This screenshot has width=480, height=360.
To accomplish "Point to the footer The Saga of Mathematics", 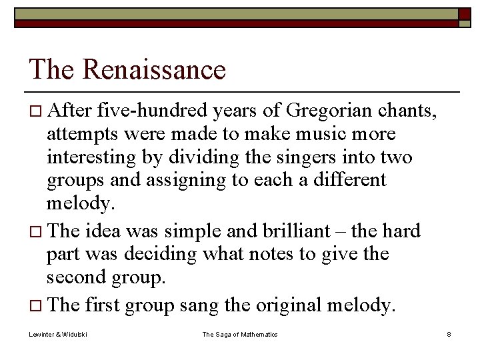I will click(240, 335).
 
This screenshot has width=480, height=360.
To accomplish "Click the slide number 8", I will click(449, 335).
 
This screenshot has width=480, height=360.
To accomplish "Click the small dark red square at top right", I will click(465, 13).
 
